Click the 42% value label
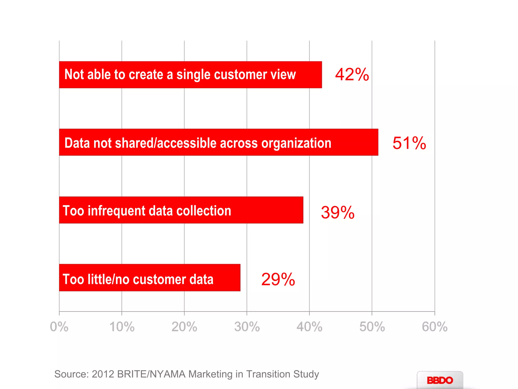[352, 74]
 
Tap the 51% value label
[409, 143]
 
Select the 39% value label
[337, 212]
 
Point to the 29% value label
[278, 279]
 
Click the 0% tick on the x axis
[59, 326]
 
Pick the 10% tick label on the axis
[122, 326]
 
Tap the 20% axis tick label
[184, 326]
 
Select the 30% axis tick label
[247, 326]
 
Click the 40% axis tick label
[309, 326]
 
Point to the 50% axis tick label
[372, 326]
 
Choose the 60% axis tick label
[435, 326]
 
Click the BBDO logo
[440, 380]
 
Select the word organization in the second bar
[296, 143]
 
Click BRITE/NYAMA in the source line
[151, 374]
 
